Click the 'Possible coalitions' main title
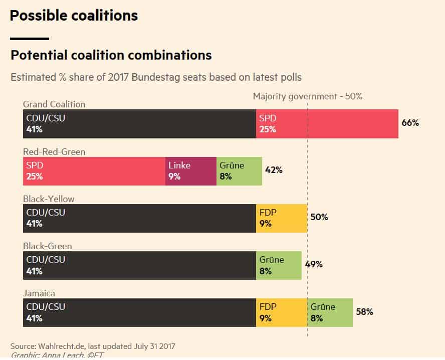(74, 16)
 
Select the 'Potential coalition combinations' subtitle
(111, 55)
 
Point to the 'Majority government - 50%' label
(307, 96)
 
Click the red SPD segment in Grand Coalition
(327, 124)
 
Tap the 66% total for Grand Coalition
(410, 123)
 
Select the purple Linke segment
(191, 171)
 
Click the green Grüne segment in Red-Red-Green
(239, 171)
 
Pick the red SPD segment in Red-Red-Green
(94, 171)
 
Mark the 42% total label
(274, 170)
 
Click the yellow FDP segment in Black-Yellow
(281, 218)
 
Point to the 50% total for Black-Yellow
(319, 217)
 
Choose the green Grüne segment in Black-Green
(279, 265)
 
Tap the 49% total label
(314, 264)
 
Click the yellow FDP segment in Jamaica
(281, 312)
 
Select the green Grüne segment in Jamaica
(330, 312)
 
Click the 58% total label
(364, 311)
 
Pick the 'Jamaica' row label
(39, 293)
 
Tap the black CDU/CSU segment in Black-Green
(139, 265)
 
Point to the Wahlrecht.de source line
(93, 346)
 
